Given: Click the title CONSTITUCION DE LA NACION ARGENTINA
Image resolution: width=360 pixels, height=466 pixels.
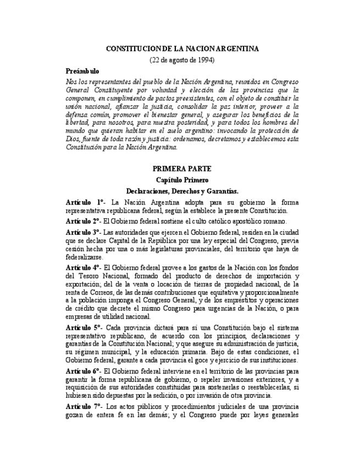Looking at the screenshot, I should [182, 48].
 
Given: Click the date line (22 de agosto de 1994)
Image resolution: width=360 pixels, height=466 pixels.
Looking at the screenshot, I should [182, 59].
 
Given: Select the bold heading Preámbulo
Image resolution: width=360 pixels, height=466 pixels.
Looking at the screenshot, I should [82, 71].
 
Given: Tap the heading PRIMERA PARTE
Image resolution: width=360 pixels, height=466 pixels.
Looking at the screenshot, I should [182, 169].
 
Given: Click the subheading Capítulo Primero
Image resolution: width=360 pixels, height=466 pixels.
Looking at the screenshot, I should [182, 180].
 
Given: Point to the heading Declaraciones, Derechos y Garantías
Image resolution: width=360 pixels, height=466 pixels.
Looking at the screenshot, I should [182, 191].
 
